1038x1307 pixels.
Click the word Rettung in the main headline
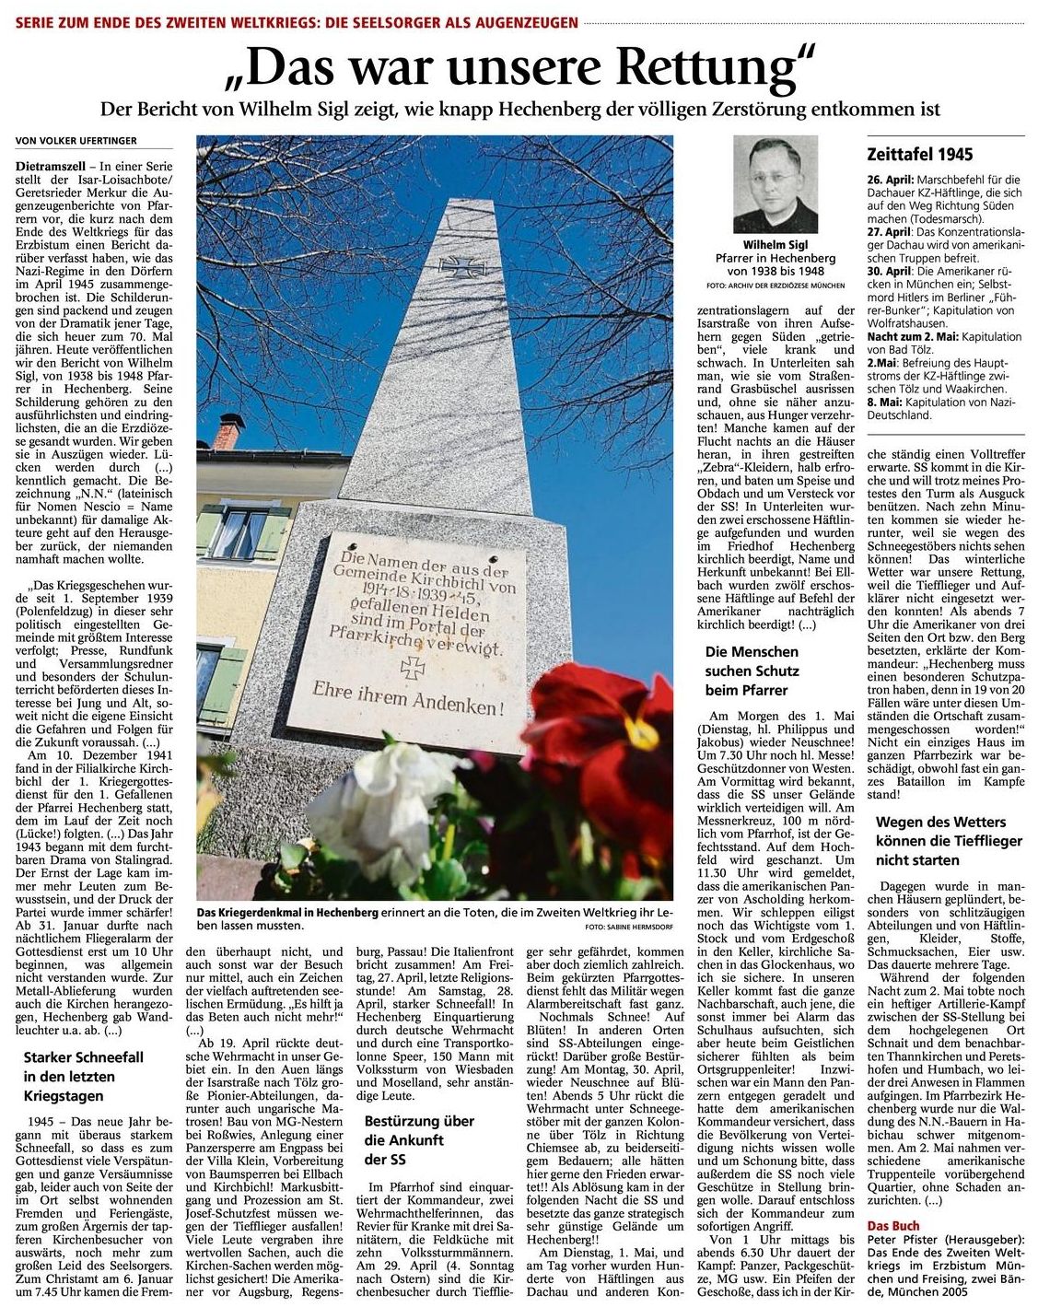(x=709, y=67)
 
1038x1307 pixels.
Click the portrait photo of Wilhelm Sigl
(x=775, y=184)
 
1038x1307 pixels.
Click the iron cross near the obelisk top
(x=455, y=267)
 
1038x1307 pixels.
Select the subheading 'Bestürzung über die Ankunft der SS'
(x=419, y=1139)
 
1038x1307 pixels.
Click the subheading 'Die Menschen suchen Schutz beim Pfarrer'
(x=752, y=671)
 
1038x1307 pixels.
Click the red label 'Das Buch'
(x=892, y=1226)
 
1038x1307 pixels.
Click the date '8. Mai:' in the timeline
(x=884, y=403)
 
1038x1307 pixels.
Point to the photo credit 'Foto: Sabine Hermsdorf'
(x=628, y=925)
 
